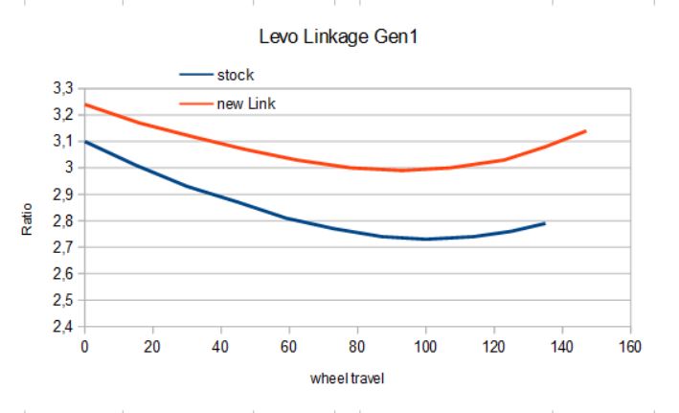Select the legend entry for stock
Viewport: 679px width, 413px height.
[236, 74]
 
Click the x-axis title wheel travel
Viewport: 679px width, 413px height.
[348, 378]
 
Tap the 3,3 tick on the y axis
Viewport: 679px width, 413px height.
[64, 88]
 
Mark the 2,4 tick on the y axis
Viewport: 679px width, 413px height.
[64, 327]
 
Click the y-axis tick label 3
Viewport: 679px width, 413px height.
[70, 168]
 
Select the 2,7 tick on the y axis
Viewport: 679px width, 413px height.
[64, 247]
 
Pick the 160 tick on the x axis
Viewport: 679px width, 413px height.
[630, 345]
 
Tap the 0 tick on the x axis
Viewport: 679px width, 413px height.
[85, 345]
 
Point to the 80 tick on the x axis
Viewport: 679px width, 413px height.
[358, 345]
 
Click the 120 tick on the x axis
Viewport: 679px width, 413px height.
[494, 345]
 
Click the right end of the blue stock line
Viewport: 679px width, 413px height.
[545, 223]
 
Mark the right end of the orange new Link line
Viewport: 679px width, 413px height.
[585, 131]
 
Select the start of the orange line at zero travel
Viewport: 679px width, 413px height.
[86, 104]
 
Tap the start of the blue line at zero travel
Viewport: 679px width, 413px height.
[86, 142]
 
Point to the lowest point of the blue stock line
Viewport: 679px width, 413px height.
[426, 239]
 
